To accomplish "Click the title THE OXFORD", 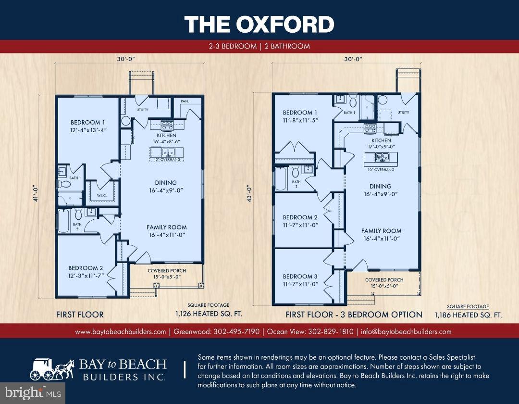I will (259, 24).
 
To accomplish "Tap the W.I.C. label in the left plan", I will (101, 195).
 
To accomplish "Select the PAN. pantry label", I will (184, 101).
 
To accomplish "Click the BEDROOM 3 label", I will (300, 277).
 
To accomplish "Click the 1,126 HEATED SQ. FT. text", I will (208, 314).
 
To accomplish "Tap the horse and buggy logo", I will (52, 369).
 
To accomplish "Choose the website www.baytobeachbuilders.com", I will (121, 331).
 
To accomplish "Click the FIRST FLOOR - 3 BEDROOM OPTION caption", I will (354, 315).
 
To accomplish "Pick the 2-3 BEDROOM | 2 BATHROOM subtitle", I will (259, 46).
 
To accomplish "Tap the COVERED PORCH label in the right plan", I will (384, 283).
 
